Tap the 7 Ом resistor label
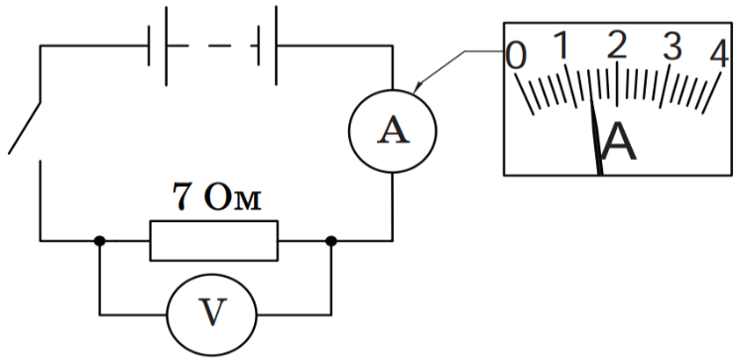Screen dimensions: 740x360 coord(216,196)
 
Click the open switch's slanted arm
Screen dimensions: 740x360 coord(24,127)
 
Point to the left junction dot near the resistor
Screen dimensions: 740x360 coord(99,241)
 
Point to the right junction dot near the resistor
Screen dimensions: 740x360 coord(331,241)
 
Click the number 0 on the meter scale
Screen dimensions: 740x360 coord(516,56)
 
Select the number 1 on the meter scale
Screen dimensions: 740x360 coord(560,46)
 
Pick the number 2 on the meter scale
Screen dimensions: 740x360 coord(617,46)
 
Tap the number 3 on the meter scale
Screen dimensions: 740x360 coord(673,47)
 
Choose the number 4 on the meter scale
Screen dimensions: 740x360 coord(720,54)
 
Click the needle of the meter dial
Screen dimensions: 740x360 coord(596,139)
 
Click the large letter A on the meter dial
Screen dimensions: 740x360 coord(619,141)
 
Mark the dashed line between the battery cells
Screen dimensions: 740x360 coord(218,46)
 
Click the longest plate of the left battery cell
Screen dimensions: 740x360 coord(166,46)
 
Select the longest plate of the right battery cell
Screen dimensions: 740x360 coord(276,46)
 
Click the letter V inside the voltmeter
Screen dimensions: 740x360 coord(212,312)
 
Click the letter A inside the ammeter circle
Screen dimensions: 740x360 coord(393,130)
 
